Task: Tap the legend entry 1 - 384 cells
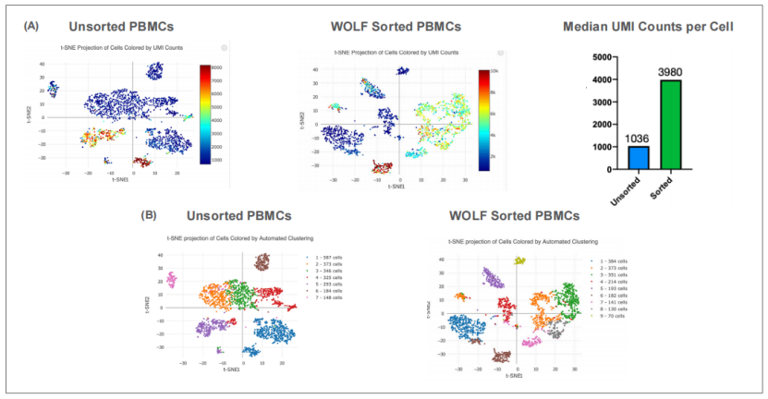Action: tap(613, 261)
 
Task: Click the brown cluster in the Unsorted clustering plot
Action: tap(262, 263)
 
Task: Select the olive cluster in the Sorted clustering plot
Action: tap(520, 261)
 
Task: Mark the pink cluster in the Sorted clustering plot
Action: tap(530, 342)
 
